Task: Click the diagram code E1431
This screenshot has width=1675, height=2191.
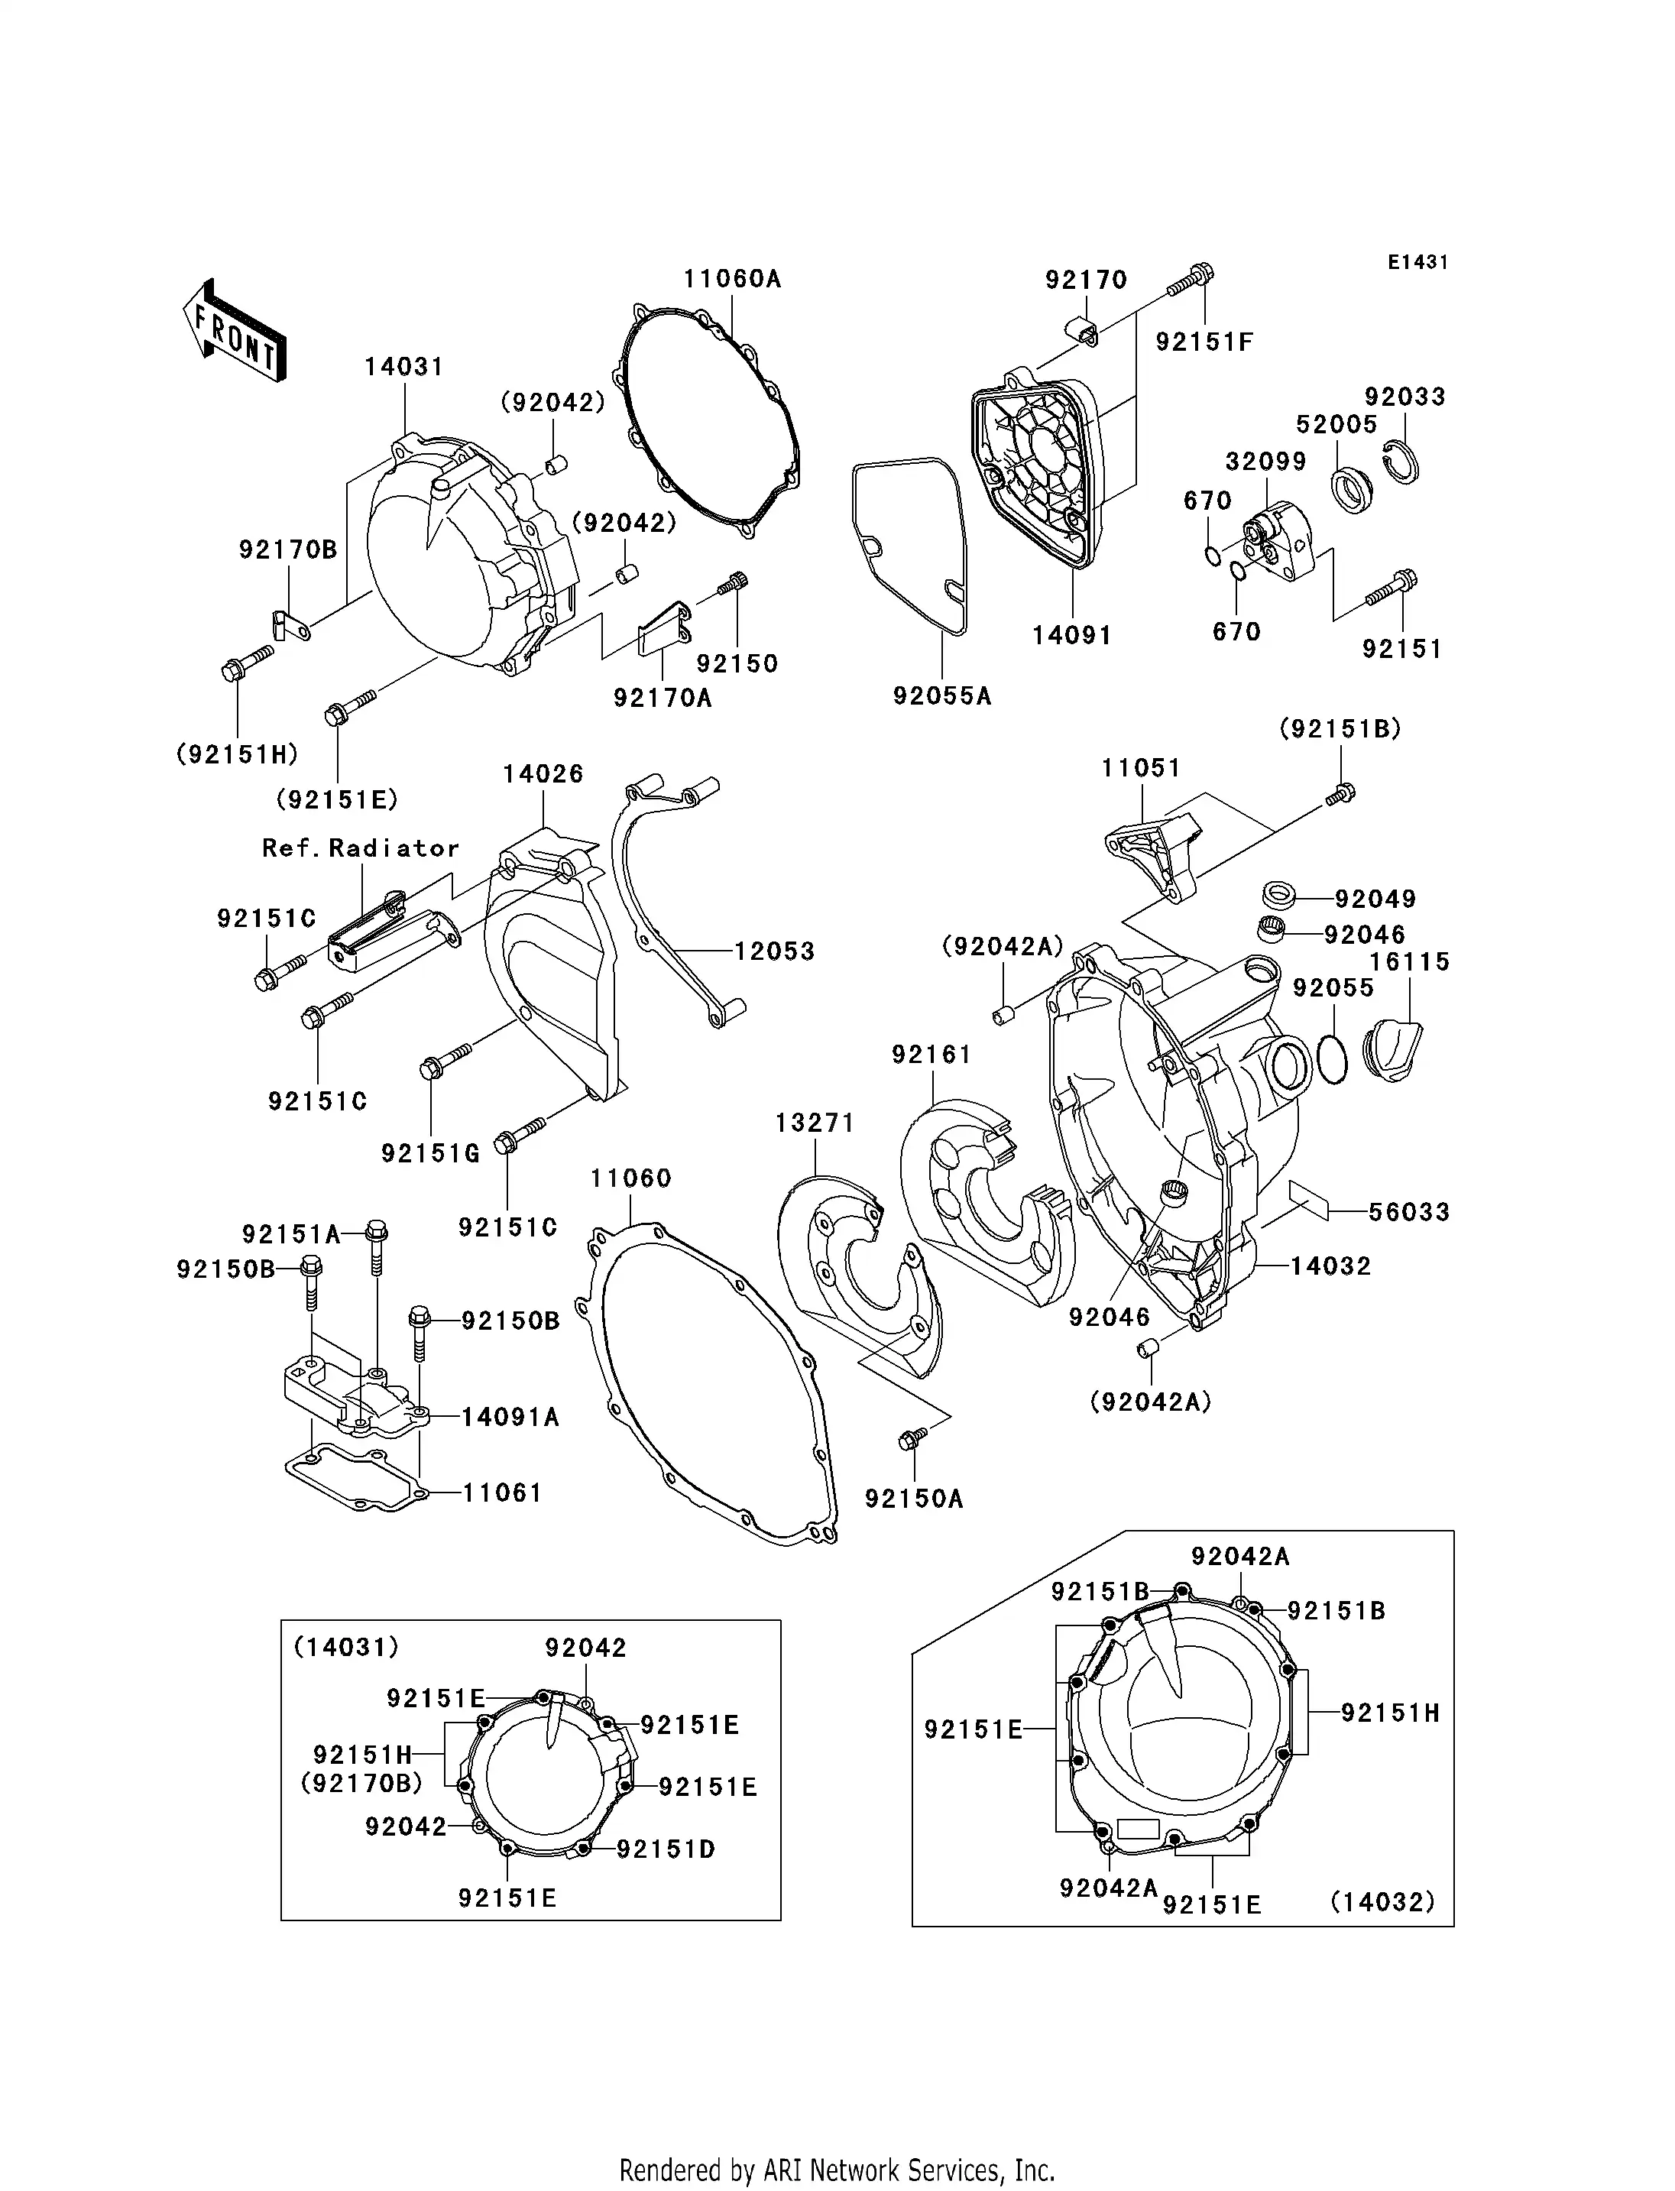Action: (1417, 262)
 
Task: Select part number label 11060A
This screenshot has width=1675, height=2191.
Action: (732, 279)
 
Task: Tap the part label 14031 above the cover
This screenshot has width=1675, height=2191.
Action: (403, 367)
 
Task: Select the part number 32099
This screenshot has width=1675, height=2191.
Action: (1265, 462)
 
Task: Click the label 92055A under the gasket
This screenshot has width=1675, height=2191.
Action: (942, 696)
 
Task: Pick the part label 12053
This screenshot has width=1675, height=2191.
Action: (775, 951)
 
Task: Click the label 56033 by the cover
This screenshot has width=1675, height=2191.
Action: (1409, 1212)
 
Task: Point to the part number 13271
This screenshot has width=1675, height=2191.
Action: (815, 1123)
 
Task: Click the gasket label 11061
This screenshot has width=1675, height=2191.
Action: (501, 1493)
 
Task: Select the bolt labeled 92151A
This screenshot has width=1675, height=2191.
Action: (377, 1233)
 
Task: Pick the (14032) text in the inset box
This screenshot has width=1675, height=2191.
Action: (1382, 1902)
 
